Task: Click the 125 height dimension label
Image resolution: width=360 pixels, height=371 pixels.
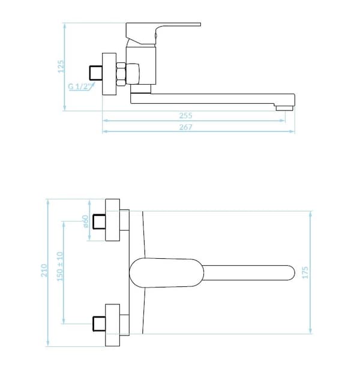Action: point(61,67)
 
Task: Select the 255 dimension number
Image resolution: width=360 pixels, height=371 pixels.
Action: point(185,115)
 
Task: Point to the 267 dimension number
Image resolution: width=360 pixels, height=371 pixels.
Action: point(185,127)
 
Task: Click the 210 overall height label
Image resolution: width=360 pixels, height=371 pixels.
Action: point(44,270)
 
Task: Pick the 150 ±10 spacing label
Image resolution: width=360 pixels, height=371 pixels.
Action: point(60,267)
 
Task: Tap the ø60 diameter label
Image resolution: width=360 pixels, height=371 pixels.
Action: point(85,222)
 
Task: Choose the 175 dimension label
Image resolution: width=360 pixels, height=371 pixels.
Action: point(305,273)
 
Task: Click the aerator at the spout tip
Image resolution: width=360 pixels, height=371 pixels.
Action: point(284,109)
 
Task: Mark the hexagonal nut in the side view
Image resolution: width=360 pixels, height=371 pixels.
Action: point(121,74)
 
